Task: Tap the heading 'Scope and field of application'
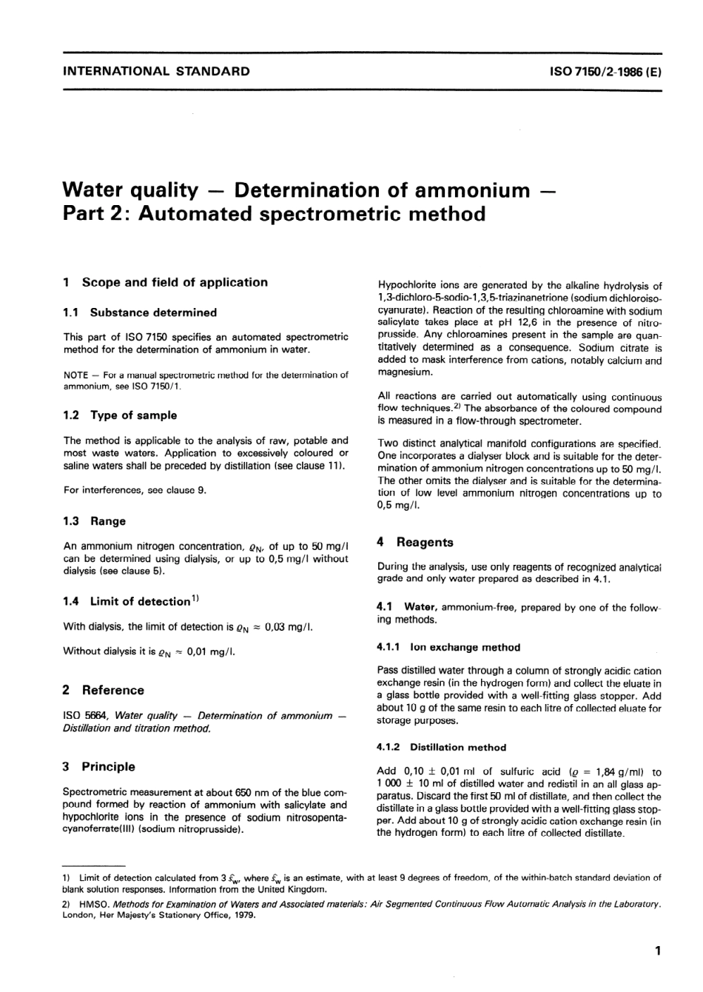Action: pyautogui.click(x=175, y=282)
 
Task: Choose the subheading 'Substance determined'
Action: pyautogui.click(x=153, y=312)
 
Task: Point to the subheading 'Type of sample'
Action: pyautogui.click(x=133, y=415)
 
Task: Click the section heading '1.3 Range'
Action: pyautogui.click(x=95, y=521)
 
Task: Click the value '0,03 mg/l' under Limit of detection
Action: pyautogui.click(x=289, y=627)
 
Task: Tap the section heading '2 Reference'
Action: pyautogui.click(x=104, y=690)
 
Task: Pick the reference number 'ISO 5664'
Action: pyautogui.click(x=87, y=716)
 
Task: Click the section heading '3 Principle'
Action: pyautogui.click(x=100, y=766)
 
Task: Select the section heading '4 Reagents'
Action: pyautogui.click(x=416, y=542)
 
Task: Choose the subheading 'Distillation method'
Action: pyautogui.click(x=458, y=747)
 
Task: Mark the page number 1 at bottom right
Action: pyautogui.click(x=657, y=951)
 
